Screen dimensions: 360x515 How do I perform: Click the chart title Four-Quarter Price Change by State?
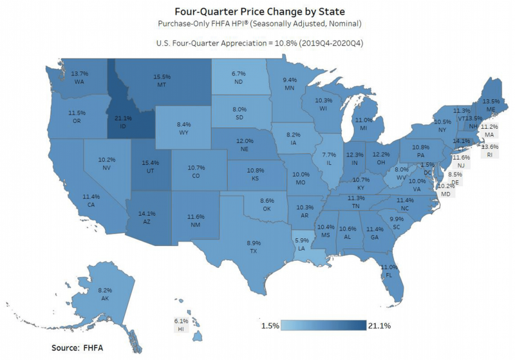coord(257,11)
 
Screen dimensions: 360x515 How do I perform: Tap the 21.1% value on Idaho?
coord(123,118)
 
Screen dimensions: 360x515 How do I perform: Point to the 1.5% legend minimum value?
coord(270,326)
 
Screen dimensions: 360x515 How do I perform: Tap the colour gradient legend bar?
coord(324,325)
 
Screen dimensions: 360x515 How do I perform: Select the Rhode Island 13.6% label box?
coord(489,151)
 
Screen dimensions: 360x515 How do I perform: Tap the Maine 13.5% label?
coord(491,105)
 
